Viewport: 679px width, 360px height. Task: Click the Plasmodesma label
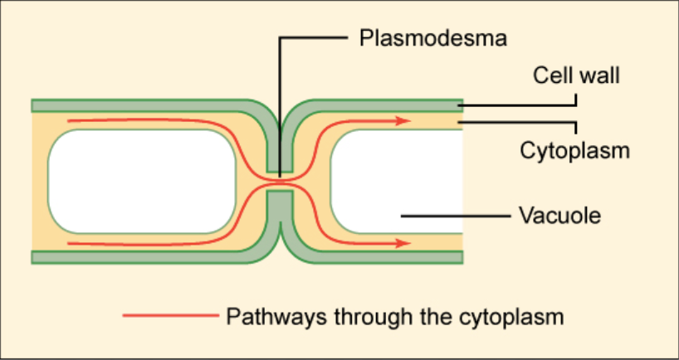(432, 38)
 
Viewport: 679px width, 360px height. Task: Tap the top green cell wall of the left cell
(141, 105)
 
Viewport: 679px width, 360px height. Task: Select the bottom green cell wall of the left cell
(141, 256)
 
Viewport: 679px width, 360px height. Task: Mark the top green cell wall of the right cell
(382, 105)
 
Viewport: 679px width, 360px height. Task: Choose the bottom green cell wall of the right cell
(382, 256)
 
